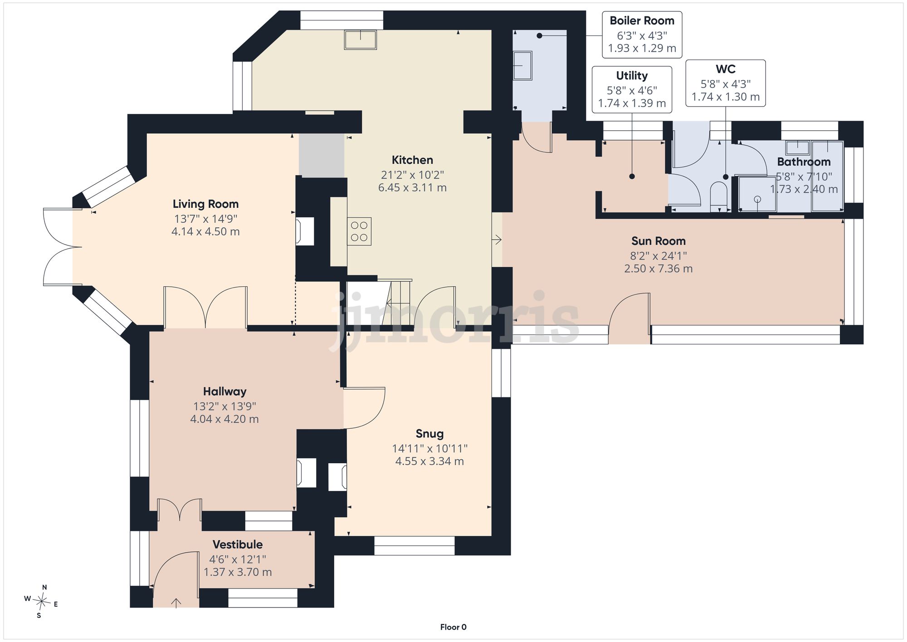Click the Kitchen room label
click(x=412, y=160)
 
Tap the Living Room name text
click(x=205, y=204)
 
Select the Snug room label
click(x=429, y=434)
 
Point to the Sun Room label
click(x=658, y=241)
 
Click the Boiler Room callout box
click(x=642, y=35)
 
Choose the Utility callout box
click(x=632, y=89)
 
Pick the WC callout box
click(x=726, y=83)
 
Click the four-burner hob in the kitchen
click(x=359, y=231)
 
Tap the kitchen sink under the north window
click(x=361, y=39)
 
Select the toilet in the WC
click(x=718, y=196)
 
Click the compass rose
click(x=41, y=602)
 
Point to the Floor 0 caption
click(x=453, y=627)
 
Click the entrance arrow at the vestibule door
click(x=176, y=603)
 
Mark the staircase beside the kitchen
click(x=379, y=302)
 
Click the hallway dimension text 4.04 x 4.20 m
click(x=224, y=419)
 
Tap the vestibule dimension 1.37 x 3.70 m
click(x=238, y=572)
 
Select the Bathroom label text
click(x=804, y=162)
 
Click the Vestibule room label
click(x=238, y=544)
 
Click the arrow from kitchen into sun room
click(x=497, y=239)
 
